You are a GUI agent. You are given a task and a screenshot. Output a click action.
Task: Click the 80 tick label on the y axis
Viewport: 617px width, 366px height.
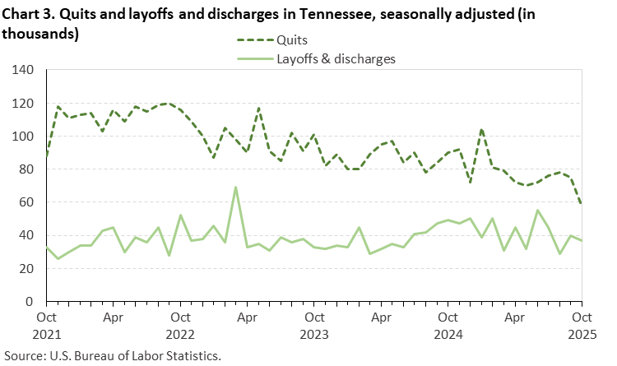26,169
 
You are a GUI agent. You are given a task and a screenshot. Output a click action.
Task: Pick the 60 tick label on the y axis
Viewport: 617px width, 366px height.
26,202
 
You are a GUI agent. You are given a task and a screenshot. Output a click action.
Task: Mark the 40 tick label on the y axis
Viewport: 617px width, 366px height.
26,235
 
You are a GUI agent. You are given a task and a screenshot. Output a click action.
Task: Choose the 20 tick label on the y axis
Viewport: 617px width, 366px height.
26,268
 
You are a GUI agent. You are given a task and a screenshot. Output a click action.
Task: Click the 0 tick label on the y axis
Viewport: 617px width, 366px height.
30,301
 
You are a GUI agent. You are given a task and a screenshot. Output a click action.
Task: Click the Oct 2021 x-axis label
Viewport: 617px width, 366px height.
46,323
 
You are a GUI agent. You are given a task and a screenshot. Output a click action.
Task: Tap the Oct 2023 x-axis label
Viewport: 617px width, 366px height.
313,323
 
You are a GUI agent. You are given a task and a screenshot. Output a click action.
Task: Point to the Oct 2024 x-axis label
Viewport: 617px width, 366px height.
448,323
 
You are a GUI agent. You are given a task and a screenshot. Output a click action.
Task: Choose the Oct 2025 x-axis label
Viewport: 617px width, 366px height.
581,323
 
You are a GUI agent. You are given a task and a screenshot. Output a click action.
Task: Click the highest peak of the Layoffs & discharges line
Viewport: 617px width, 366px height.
236,188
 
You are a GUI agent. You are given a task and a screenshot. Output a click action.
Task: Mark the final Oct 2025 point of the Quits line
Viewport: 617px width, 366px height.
582,204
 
